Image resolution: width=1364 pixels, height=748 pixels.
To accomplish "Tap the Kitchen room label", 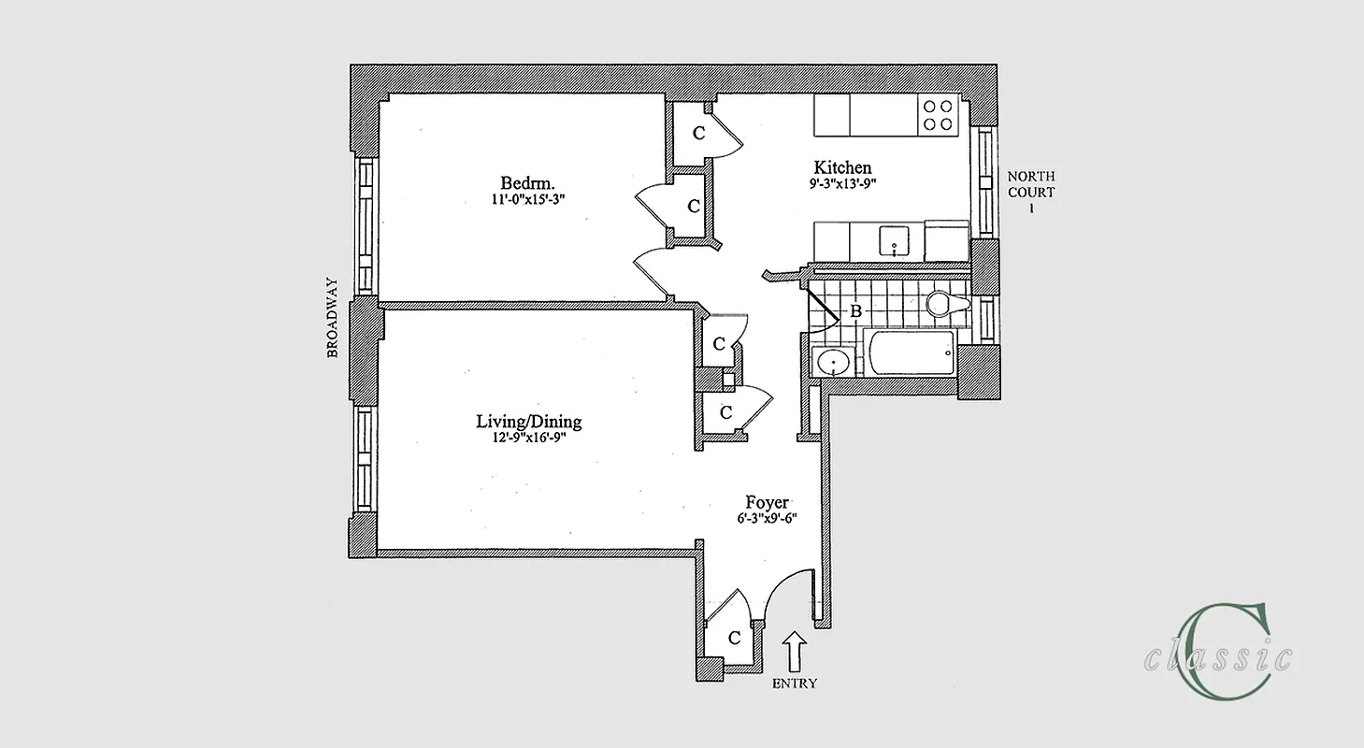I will click(842, 167).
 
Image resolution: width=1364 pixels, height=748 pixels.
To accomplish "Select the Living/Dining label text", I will click(528, 422).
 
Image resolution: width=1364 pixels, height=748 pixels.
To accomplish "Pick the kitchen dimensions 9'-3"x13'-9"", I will click(842, 184).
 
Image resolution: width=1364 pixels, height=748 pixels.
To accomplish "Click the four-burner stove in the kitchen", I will click(938, 115).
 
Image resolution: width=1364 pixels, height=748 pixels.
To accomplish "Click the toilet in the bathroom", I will click(946, 304).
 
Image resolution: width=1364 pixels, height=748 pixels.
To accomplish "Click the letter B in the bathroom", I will click(854, 312).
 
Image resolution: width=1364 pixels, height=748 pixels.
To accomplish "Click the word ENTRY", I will click(794, 683).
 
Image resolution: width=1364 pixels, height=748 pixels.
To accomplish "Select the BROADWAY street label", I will click(332, 318).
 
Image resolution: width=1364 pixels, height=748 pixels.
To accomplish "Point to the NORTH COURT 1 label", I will click(1031, 192).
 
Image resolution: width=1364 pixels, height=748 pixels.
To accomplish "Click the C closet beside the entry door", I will click(734, 638).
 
